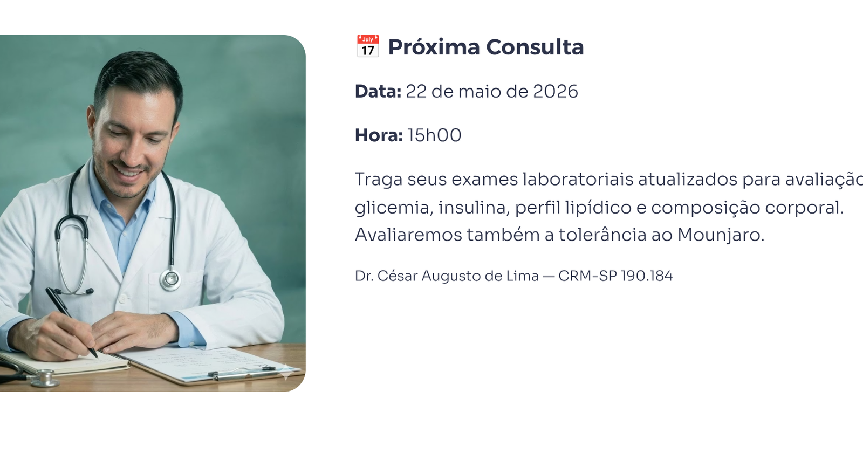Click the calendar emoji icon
click(367, 46)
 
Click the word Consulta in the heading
click(535, 47)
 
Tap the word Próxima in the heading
click(434, 47)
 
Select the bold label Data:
click(378, 92)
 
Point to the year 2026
click(555, 92)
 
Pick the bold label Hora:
click(379, 135)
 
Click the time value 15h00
click(434, 135)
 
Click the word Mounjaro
click(720, 235)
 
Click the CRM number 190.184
click(647, 276)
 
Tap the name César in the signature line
click(398, 276)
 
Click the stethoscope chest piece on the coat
click(170, 279)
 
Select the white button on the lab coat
click(125, 298)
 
